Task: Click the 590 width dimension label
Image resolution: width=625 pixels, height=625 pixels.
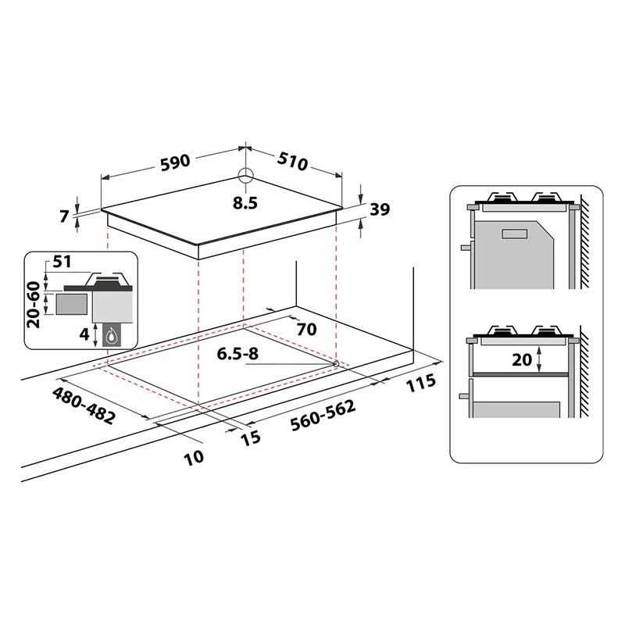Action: point(175,162)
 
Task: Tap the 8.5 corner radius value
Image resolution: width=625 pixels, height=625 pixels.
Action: point(245,202)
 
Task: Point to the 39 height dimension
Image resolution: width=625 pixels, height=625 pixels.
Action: point(380,209)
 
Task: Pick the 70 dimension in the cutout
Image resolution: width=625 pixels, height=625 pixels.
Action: point(305,329)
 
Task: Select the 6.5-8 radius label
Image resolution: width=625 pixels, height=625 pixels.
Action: point(239,354)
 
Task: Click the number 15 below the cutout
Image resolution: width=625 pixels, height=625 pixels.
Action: point(250,437)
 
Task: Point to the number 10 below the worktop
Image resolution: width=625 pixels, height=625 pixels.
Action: point(194,456)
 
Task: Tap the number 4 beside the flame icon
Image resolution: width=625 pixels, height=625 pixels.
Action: point(83,334)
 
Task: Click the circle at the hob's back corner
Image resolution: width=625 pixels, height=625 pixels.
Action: point(245,176)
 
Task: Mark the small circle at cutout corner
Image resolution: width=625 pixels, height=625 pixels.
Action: point(335,363)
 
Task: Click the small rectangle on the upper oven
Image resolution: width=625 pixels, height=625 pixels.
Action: point(515,232)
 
